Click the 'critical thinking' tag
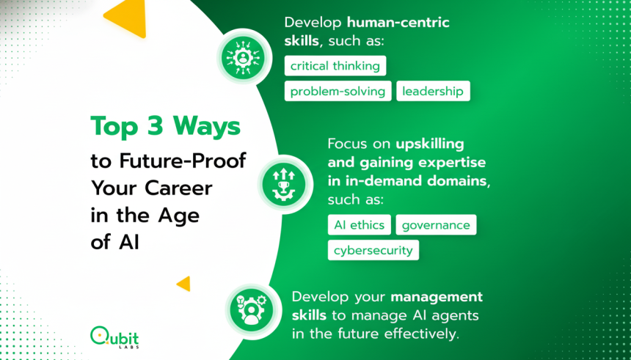tap(335, 66)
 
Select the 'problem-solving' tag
tap(338, 92)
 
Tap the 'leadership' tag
tap(433, 92)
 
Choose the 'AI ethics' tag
tap(359, 225)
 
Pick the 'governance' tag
tap(436, 225)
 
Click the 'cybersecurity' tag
tap(373, 250)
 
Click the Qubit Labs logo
tap(114, 337)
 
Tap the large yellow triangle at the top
tap(125, 18)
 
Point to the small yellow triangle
tap(183, 284)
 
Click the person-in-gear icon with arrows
tap(243, 56)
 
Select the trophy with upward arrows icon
tap(283, 185)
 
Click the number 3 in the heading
tap(155, 126)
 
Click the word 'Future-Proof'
tap(183, 161)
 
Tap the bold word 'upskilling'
tap(430, 144)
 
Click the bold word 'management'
tap(437, 297)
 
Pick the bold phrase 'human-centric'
tap(398, 22)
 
